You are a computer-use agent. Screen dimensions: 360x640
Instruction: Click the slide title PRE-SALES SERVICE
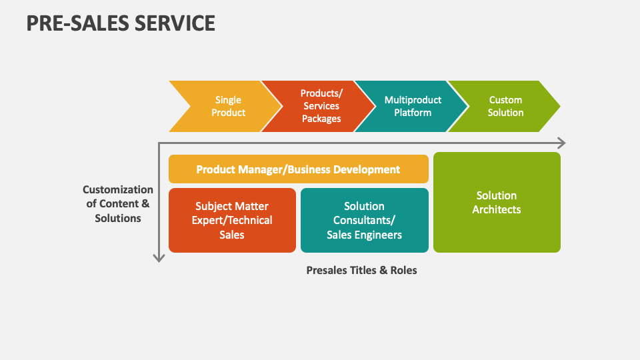click(x=121, y=23)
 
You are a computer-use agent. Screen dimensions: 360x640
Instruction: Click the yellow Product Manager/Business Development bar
click(x=298, y=169)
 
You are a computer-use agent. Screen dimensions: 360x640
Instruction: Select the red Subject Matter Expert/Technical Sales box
click(x=232, y=221)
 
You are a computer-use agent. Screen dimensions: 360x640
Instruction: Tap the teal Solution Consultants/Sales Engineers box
click(x=364, y=221)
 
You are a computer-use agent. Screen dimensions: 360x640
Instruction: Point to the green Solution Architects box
click(x=497, y=203)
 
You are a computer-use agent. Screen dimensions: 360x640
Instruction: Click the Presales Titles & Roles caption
click(x=361, y=270)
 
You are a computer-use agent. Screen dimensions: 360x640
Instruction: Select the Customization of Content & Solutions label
click(x=118, y=204)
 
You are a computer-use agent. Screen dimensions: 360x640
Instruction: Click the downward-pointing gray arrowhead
click(x=159, y=257)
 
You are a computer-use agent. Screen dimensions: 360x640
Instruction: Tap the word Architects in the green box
click(x=497, y=210)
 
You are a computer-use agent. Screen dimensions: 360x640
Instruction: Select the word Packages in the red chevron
click(x=321, y=119)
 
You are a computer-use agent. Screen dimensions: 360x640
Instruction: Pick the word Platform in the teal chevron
click(x=412, y=113)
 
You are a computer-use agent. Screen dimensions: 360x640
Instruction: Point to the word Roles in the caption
click(x=403, y=270)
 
